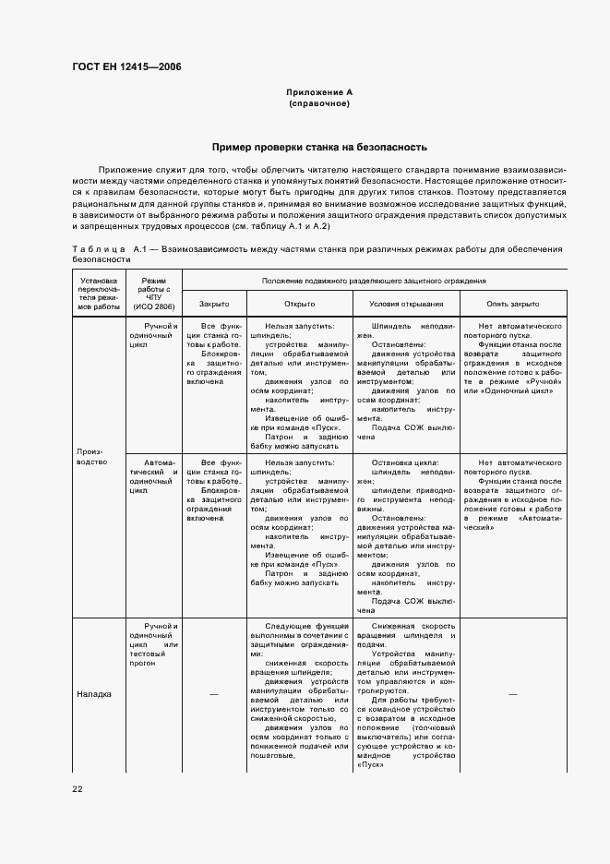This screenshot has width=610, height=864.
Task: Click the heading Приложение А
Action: point(319,92)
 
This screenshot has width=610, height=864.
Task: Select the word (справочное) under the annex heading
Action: point(319,103)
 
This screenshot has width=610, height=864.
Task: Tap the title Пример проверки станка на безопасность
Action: point(319,147)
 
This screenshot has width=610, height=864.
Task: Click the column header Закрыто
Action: point(214,304)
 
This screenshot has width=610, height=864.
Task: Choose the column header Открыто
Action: point(300,304)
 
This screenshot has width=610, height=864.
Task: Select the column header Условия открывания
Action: point(406,304)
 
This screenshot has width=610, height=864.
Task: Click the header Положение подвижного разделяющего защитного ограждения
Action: point(374,280)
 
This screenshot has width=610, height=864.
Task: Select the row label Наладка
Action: point(93,694)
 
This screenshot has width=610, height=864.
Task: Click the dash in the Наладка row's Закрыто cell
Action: point(214,694)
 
